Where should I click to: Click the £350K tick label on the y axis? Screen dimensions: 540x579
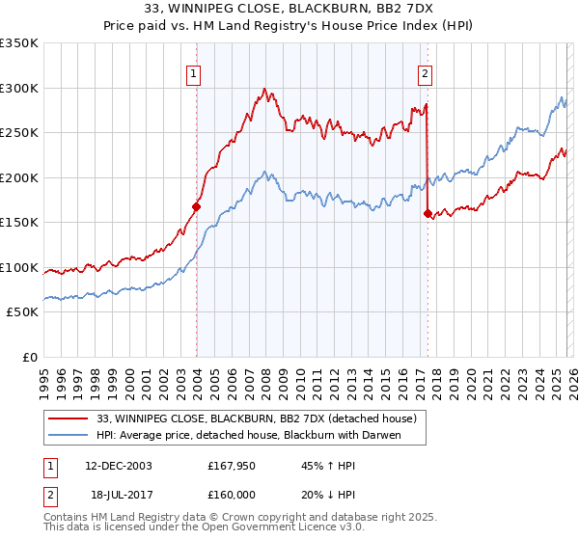point(19,43)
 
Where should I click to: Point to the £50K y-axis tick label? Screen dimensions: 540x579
point(22,312)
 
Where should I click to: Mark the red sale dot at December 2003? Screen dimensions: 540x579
point(197,205)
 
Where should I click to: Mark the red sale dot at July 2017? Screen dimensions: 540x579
point(427,214)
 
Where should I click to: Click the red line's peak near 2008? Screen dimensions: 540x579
point(263,90)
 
